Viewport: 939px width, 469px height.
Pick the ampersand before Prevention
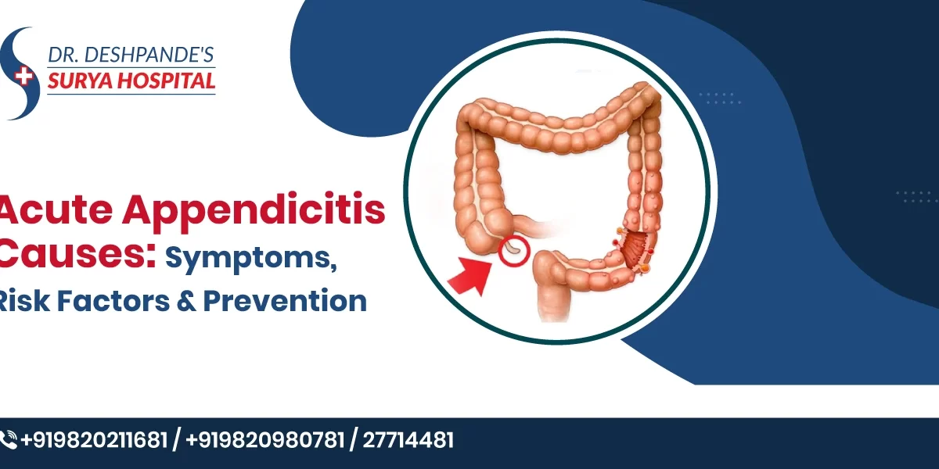pyautogui.click(x=187, y=300)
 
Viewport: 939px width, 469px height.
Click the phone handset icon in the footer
pyautogui.click(x=9, y=440)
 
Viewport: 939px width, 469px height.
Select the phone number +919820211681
pyautogui.click(x=94, y=440)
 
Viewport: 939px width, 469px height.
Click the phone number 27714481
pyautogui.click(x=408, y=440)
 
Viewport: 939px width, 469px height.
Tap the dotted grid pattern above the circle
pyautogui.click(x=719, y=98)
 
